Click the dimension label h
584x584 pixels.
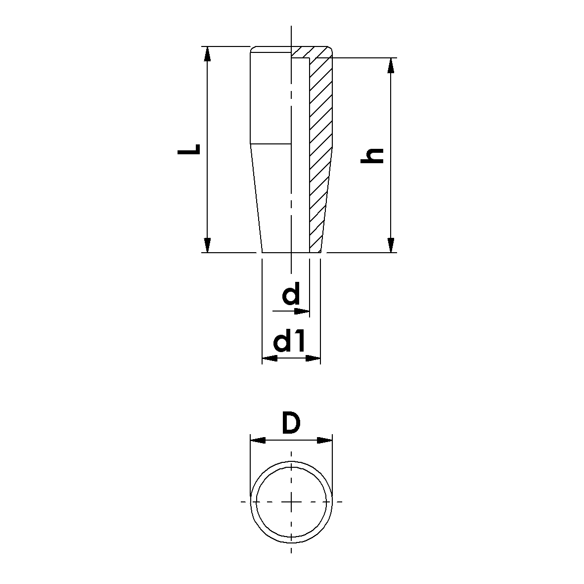[372, 156]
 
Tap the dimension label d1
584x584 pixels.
[289, 343]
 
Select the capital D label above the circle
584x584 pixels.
[291, 423]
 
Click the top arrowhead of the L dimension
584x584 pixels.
[208, 54]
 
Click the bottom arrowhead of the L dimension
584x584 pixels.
[208, 245]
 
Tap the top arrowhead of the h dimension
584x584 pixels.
[390, 66]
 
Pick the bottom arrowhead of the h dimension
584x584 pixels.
[390, 245]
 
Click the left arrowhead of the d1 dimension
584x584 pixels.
[270, 359]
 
